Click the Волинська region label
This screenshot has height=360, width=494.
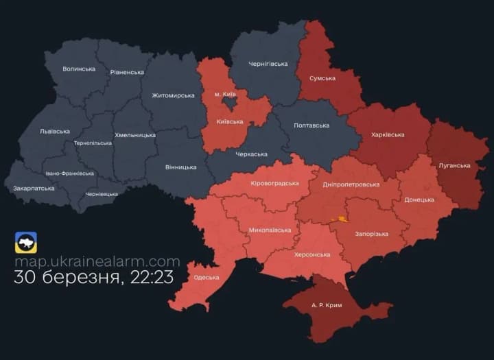coord(79,69)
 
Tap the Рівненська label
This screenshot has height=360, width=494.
coord(127,72)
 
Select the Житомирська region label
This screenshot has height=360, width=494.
coord(174,95)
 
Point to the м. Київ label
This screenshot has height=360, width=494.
coord(226,94)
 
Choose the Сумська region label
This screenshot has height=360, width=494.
coord(322,78)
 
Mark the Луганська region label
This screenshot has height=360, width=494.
coord(454,165)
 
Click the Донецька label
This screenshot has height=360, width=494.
coord(419,200)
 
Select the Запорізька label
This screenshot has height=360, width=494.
coord(371,234)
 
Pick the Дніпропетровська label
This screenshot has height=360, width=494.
coord(351,184)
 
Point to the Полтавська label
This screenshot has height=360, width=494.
coord(311,125)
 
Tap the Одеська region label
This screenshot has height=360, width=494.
coord(207,277)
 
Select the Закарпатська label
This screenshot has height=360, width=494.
coord(34,188)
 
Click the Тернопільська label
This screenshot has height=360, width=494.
coord(93,143)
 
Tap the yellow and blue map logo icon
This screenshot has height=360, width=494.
coord(26,242)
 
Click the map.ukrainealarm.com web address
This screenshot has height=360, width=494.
coord(97,261)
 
